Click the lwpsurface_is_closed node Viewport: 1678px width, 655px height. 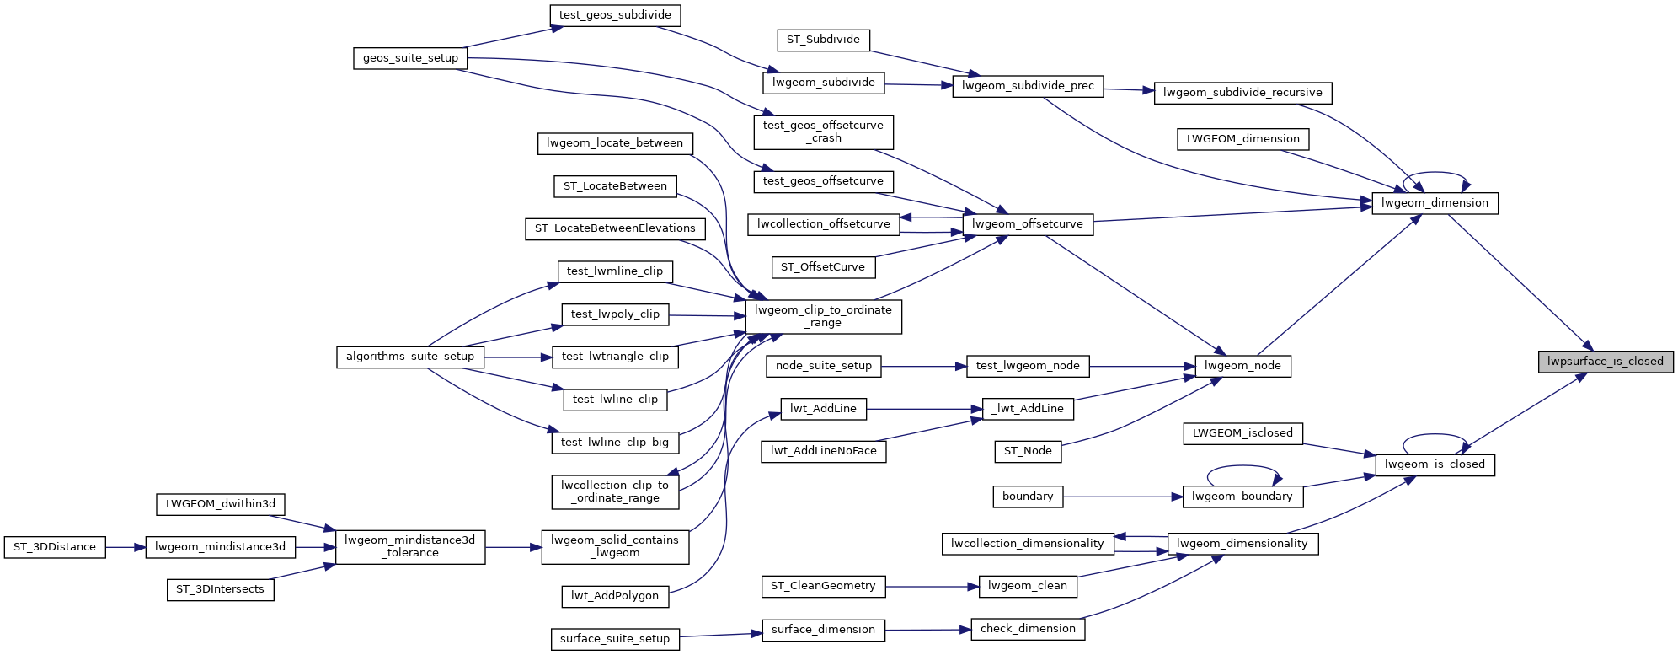click(x=1605, y=362)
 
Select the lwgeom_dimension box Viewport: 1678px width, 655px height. click(x=1435, y=203)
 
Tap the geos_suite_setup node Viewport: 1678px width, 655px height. click(x=410, y=58)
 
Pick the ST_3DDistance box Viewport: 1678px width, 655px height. click(x=55, y=547)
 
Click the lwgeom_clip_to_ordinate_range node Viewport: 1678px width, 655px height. click(x=823, y=316)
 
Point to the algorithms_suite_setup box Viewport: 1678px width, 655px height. click(x=410, y=357)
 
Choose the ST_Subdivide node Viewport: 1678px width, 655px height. click(x=823, y=40)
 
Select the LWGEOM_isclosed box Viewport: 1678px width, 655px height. click(x=1242, y=433)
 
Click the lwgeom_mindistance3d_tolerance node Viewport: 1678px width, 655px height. click(x=410, y=546)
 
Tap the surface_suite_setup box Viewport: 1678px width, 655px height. click(x=615, y=639)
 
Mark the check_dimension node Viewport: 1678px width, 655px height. click(x=1028, y=629)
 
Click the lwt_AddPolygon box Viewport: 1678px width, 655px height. click(x=615, y=596)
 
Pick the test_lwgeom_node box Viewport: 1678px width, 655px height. click(x=1028, y=366)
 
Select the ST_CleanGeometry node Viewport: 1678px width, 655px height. click(x=823, y=586)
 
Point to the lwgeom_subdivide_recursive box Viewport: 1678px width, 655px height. click(x=1242, y=93)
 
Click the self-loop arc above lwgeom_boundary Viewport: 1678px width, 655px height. click(x=1243, y=466)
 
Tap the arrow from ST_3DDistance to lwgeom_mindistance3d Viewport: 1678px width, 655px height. click(x=126, y=547)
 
